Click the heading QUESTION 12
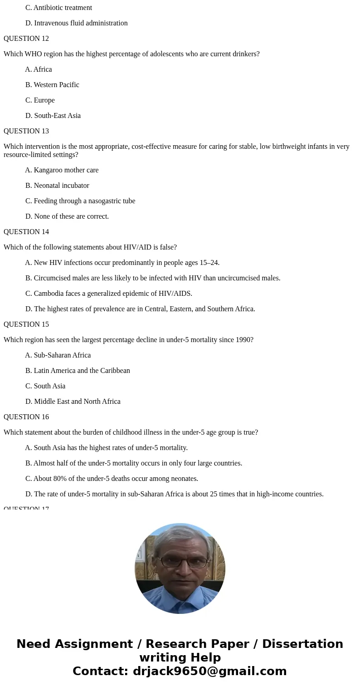coord(26,39)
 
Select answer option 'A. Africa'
coord(39,69)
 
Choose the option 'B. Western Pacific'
coord(52,85)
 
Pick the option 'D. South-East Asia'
coord(53,116)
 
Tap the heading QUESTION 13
coord(26,131)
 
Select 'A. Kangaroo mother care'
coord(62,170)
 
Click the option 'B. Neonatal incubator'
coord(57,186)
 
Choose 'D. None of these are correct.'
coord(67,216)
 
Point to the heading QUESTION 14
coord(26,232)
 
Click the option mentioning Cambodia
coord(109,294)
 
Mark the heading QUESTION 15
coord(26,324)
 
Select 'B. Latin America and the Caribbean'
coord(78,371)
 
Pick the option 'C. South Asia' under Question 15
coord(45,386)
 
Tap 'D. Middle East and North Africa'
coord(73,402)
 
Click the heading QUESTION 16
coord(26,417)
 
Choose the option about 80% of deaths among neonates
coord(112,479)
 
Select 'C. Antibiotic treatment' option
coord(58,8)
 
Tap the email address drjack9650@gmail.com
coord(209,671)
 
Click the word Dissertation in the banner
coord(302,644)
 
